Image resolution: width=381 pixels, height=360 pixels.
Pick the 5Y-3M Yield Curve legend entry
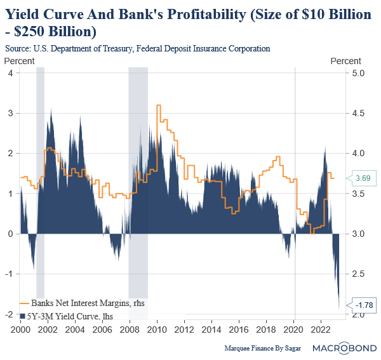pos(64,314)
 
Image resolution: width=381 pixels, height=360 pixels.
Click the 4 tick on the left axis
pos(10,73)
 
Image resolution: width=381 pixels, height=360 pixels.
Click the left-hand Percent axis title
pos(19,60)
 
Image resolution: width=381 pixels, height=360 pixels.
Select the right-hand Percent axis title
pos(345,60)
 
